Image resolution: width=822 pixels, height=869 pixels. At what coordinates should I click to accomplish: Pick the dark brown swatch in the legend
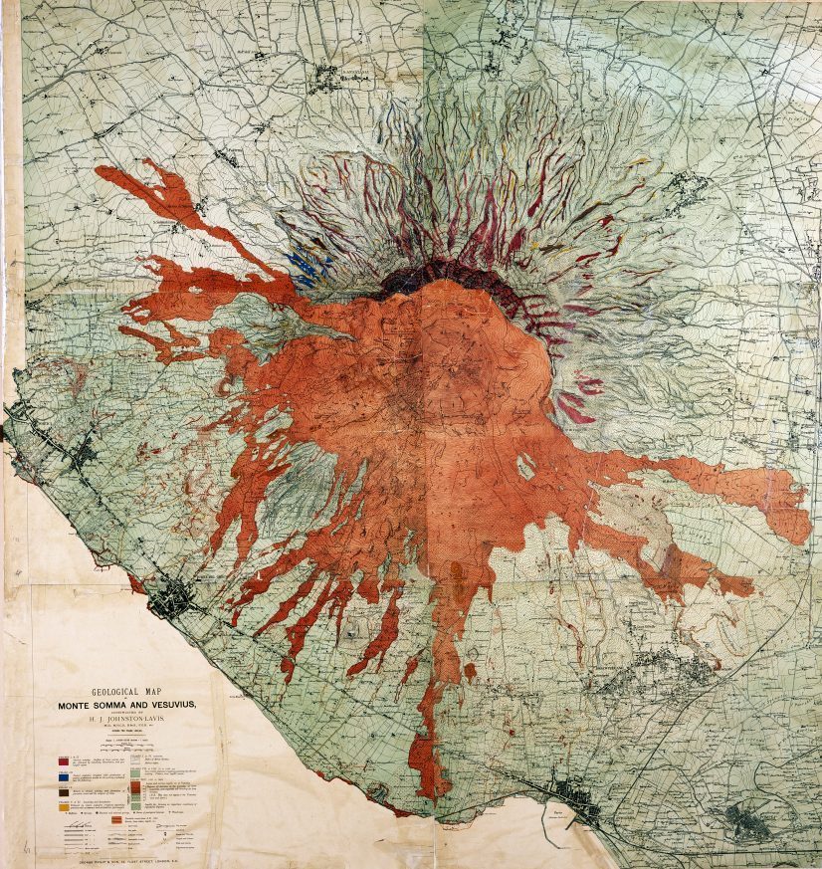pyautogui.click(x=63, y=791)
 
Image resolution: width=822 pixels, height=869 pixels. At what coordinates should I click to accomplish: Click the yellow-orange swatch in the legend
pyautogui.click(x=63, y=806)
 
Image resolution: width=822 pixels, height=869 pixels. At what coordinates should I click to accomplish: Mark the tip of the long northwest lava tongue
pyautogui.click(x=104, y=173)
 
